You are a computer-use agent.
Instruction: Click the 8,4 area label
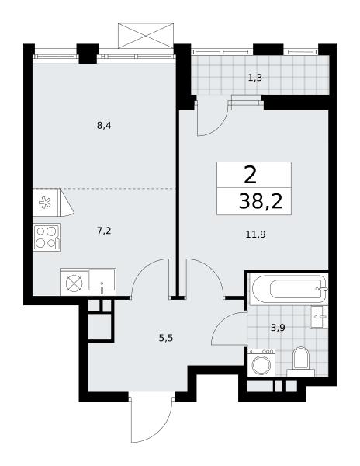[104, 126]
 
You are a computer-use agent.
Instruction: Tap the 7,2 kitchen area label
[104, 231]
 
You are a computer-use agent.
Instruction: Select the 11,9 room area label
[255, 235]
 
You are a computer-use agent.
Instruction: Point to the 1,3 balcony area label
[255, 78]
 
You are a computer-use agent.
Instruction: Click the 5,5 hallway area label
[166, 338]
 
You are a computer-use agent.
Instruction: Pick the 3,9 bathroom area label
[278, 328]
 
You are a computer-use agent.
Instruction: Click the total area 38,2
[260, 202]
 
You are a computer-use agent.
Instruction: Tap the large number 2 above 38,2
[250, 176]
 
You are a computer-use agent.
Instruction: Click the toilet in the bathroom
[300, 361]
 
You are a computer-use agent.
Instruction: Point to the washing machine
[261, 362]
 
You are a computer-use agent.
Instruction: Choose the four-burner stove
[47, 238]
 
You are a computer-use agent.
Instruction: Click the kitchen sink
[102, 282]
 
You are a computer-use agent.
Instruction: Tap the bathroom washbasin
[319, 317]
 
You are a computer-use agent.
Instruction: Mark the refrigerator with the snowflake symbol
[47, 203]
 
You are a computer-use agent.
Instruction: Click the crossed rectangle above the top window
[146, 36]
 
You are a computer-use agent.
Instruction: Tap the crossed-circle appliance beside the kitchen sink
[74, 282]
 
